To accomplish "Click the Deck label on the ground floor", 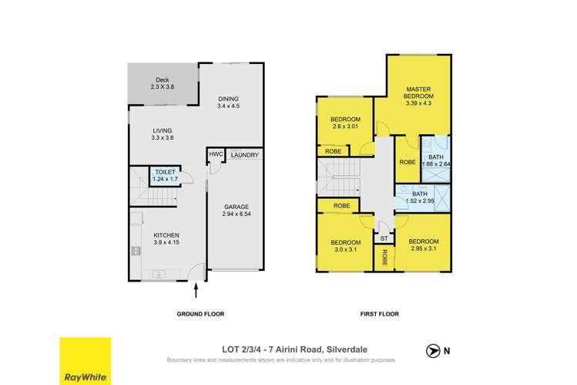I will (162, 79).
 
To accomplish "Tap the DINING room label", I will (228, 99).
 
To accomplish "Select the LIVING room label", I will (162, 130).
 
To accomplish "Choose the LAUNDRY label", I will (243, 154).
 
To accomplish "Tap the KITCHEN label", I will (166, 235).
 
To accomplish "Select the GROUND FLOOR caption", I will (200, 315).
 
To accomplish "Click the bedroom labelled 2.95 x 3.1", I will (423, 245).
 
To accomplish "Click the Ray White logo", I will (85, 360).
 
